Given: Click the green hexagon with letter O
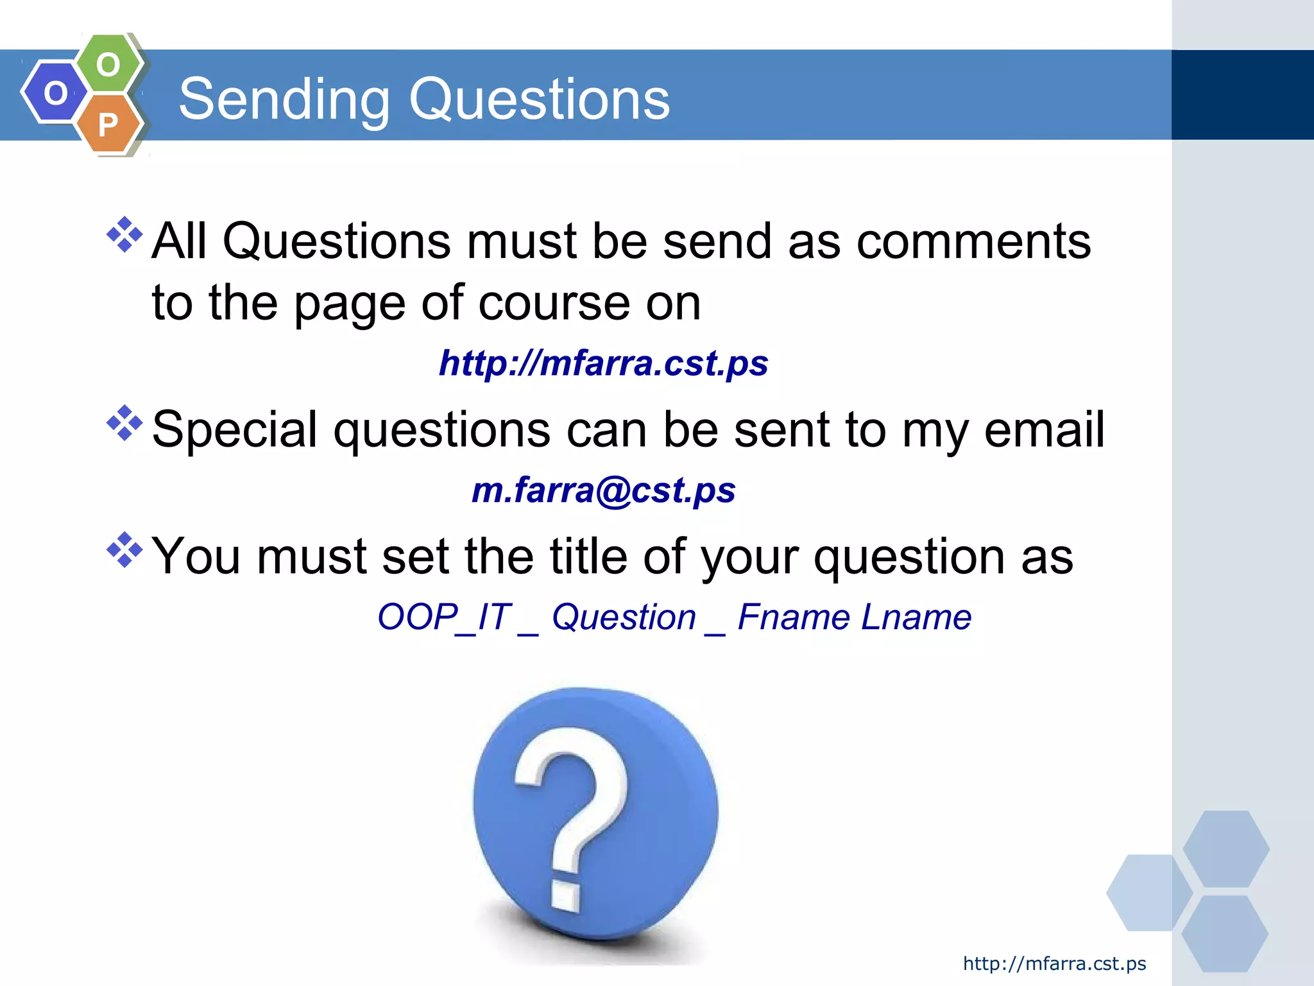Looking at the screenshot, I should click(108, 64).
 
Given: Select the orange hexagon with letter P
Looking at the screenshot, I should click(108, 124).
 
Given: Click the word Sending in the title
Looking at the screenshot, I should click(284, 99).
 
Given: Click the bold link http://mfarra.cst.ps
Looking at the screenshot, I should click(603, 363).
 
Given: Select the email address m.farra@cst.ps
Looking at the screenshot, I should click(603, 490).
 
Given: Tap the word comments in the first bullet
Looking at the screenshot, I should click(973, 241).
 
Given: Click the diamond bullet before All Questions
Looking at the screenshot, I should click(124, 234).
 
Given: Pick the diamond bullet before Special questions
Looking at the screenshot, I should click(124, 423).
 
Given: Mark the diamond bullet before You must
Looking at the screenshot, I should click(124, 550).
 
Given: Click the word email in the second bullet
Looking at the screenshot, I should click(1044, 429).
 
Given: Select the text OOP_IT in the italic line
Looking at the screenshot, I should click(444, 618).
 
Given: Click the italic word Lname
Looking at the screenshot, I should click(916, 618).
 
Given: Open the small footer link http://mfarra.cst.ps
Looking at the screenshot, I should click(1054, 964).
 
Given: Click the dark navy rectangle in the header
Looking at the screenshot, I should click(1242, 95).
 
